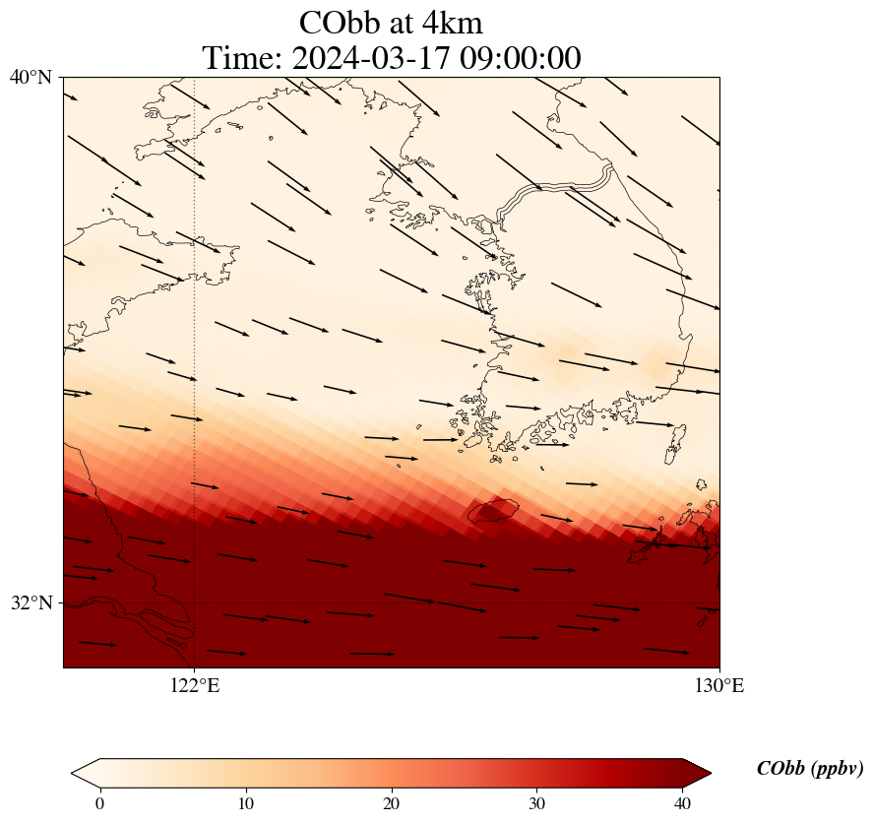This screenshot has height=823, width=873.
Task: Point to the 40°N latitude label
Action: pos(31,76)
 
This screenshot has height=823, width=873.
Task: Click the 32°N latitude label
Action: pos(31,602)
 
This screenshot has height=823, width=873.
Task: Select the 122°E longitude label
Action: pos(195,685)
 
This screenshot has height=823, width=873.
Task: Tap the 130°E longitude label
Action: pos(719,685)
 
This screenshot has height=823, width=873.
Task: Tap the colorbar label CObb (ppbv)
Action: pos(809,769)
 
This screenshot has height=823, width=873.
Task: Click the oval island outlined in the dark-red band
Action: pos(493,510)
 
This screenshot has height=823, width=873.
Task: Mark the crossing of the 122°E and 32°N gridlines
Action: pos(195,602)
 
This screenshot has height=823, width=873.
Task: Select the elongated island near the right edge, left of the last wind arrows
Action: pos(675,443)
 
